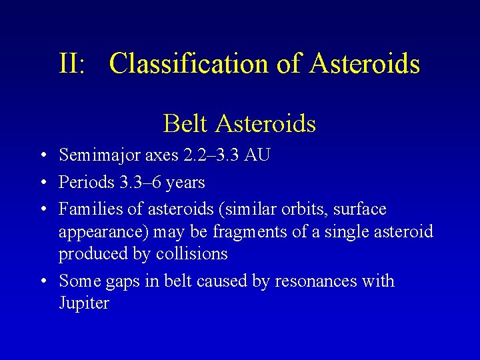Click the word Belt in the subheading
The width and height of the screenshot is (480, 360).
click(184, 123)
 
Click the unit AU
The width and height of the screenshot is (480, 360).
click(257, 155)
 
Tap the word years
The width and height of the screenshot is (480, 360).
click(185, 182)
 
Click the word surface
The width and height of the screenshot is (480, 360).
click(360, 209)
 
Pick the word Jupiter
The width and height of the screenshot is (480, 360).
click(83, 303)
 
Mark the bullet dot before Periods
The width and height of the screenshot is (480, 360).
click(41, 183)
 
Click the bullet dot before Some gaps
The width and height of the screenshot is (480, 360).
click(41, 282)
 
